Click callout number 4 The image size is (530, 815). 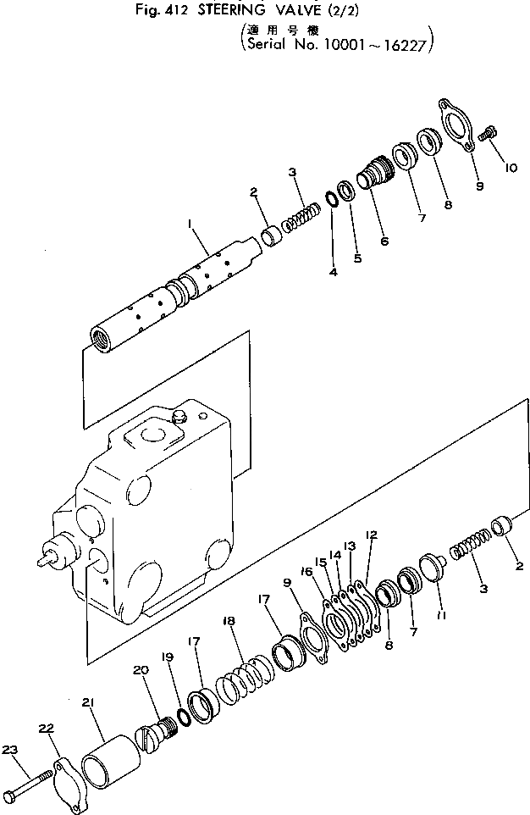coord(333,272)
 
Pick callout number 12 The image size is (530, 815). coord(370,535)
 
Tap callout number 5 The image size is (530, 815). coord(357,258)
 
